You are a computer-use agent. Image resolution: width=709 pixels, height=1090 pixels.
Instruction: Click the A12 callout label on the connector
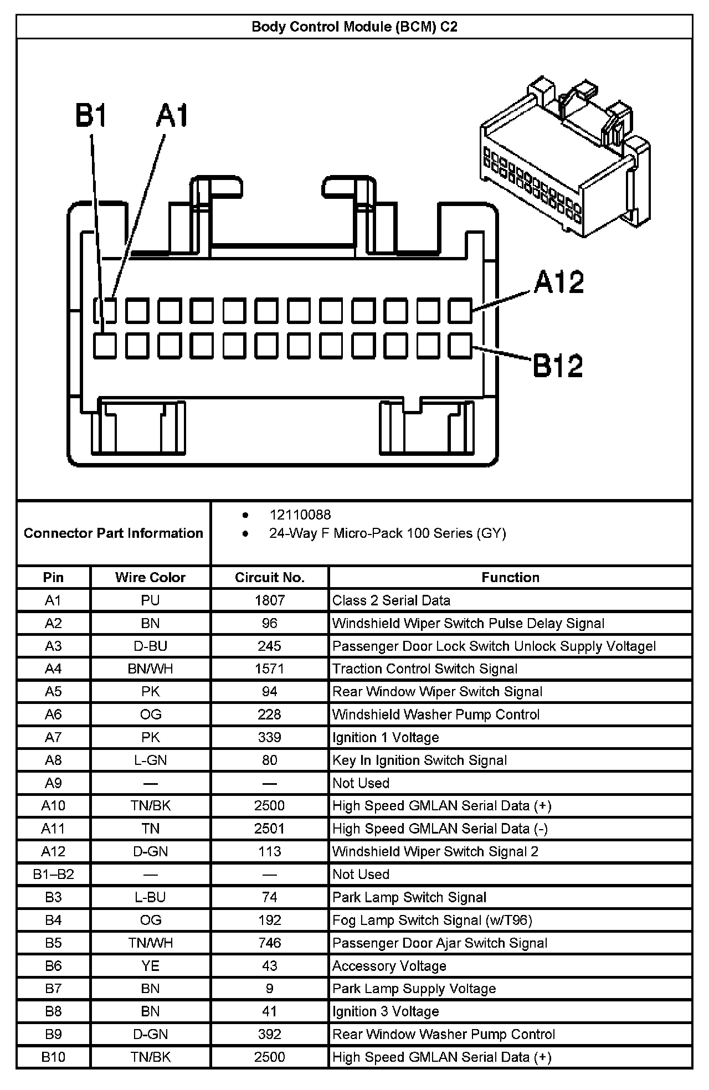(x=559, y=282)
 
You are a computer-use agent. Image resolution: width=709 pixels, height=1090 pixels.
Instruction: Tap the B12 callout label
(x=558, y=366)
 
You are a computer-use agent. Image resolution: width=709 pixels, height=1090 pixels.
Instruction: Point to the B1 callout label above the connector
(x=91, y=116)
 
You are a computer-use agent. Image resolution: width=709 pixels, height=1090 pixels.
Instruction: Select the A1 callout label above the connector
(x=172, y=116)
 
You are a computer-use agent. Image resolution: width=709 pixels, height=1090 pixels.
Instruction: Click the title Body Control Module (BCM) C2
(x=354, y=27)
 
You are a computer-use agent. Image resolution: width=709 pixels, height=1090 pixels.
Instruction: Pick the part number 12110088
(x=300, y=515)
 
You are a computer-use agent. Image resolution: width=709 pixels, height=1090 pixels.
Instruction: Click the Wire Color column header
(x=150, y=578)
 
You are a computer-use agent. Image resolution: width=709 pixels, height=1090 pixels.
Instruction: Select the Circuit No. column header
(x=270, y=578)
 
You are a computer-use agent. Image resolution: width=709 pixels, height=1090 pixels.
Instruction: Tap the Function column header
(x=510, y=578)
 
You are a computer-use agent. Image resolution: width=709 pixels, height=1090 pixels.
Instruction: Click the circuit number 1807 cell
(x=270, y=600)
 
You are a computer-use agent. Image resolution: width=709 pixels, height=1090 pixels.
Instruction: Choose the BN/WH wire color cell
(x=150, y=669)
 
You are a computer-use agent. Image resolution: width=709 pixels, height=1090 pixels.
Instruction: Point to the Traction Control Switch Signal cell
(x=425, y=669)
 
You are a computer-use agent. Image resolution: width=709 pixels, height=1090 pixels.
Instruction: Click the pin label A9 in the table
(x=53, y=783)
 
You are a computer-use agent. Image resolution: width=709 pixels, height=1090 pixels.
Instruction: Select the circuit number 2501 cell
(x=270, y=829)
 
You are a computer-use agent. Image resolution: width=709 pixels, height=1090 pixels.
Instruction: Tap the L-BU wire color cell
(x=150, y=897)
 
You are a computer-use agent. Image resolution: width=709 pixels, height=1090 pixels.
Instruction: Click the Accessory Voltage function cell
(x=389, y=966)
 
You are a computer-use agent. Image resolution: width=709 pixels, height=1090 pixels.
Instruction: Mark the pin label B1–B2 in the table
(x=53, y=875)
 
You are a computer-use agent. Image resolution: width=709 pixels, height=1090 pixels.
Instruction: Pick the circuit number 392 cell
(x=270, y=1034)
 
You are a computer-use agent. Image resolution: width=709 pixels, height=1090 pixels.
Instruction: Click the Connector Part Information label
(x=114, y=533)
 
